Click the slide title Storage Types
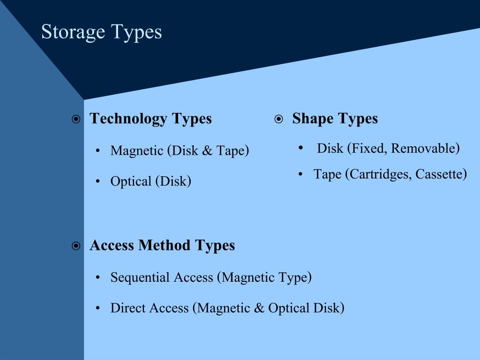click(101, 32)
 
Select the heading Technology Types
click(150, 119)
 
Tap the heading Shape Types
click(335, 119)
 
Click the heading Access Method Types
click(162, 245)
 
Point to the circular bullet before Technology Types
click(76, 120)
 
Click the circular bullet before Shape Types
click(278, 120)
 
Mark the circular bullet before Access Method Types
click(76, 246)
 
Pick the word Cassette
click(439, 174)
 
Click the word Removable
click(423, 149)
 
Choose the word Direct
click(125, 308)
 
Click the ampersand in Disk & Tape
click(207, 151)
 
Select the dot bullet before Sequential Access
click(97, 278)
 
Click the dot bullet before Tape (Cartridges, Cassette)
click(300, 174)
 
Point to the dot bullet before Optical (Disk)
click(97, 182)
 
